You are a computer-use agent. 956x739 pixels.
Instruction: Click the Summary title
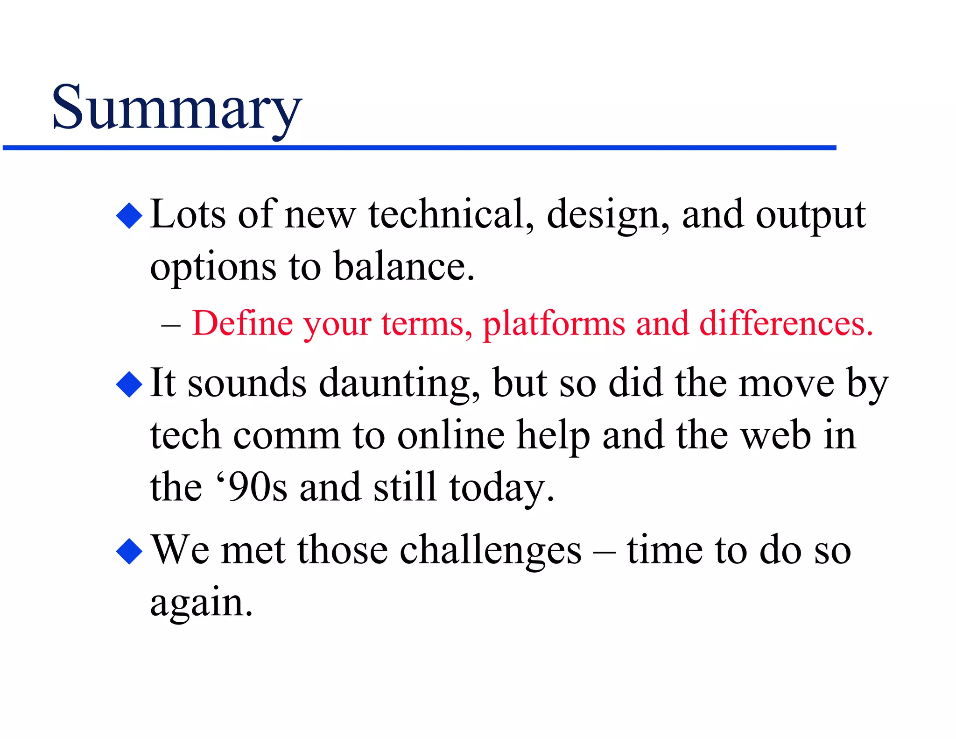coord(176,108)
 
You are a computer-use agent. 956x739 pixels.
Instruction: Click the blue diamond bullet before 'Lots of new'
coord(129,215)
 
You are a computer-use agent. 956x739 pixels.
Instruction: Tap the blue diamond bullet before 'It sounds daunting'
coord(129,384)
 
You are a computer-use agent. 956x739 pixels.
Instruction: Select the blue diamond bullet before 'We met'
coord(129,551)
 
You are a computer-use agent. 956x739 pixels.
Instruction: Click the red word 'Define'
coord(242,323)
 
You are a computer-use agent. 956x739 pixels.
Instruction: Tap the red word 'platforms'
coord(554,324)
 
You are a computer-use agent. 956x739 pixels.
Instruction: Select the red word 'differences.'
coord(786,323)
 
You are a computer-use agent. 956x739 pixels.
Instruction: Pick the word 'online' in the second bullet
coord(450,435)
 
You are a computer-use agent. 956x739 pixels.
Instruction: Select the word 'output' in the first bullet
coord(811,215)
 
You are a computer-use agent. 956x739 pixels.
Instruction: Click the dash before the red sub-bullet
coord(170,324)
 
